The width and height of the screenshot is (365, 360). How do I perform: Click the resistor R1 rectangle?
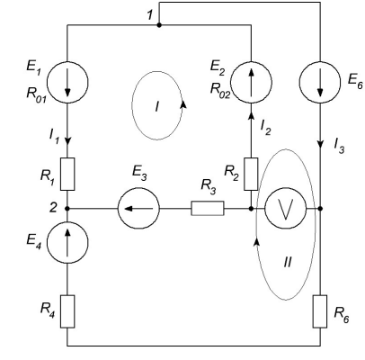click(67, 174)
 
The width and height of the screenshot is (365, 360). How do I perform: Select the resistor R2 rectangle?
click(251, 174)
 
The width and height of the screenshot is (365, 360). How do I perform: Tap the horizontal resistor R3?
click(208, 208)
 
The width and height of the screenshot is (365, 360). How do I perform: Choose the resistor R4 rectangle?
click(67, 311)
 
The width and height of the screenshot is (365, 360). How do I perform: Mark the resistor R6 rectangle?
click(320, 311)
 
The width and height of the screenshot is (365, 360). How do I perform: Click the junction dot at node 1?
click(159, 25)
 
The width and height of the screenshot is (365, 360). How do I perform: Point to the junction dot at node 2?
click(67, 208)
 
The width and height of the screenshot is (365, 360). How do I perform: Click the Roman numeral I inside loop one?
click(157, 106)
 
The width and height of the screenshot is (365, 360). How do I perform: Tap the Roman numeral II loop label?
click(287, 263)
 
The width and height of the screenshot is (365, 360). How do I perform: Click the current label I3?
click(339, 146)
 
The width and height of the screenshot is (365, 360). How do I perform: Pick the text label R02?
click(220, 90)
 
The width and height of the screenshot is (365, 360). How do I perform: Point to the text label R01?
click(37, 94)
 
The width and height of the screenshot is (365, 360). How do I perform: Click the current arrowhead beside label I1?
click(67, 140)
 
